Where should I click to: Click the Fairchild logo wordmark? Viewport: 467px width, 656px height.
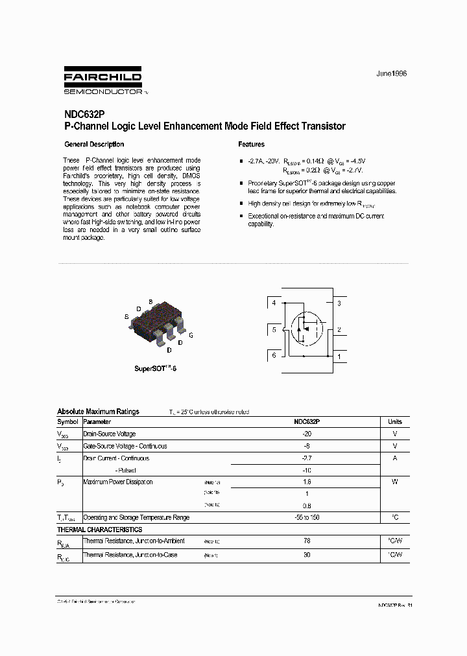(x=104, y=77)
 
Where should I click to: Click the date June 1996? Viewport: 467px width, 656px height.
(x=392, y=73)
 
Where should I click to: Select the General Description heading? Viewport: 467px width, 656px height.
(x=94, y=145)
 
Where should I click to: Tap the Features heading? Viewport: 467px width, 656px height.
(x=251, y=145)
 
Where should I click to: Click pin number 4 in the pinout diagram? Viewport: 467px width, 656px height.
(x=274, y=303)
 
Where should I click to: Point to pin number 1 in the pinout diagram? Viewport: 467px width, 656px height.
(x=339, y=356)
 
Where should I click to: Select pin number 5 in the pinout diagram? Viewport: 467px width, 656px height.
(x=274, y=330)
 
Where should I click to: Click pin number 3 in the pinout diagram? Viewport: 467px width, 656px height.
(x=339, y=303)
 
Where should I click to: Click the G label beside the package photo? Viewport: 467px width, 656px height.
(x=191, y=335)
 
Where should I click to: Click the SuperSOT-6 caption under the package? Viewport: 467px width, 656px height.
(x=156, y=368)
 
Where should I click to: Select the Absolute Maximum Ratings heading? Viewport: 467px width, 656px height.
(x=98, y=412)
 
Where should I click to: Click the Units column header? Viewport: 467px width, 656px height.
(x=394, y=422)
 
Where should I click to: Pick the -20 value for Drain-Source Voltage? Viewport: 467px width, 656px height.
(x=307, y=434)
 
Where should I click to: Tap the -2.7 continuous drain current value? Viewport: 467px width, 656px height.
(x=307, y=458)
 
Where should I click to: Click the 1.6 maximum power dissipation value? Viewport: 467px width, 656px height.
(x=307, y=482)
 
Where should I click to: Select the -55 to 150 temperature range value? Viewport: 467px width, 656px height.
(x=307, y=518)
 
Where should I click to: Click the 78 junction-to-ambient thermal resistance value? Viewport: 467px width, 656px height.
(x=307, y=541)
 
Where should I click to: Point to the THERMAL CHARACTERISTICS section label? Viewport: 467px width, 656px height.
(x=99, y=530)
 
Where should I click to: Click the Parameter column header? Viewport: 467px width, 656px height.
(x=97, y=422)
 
